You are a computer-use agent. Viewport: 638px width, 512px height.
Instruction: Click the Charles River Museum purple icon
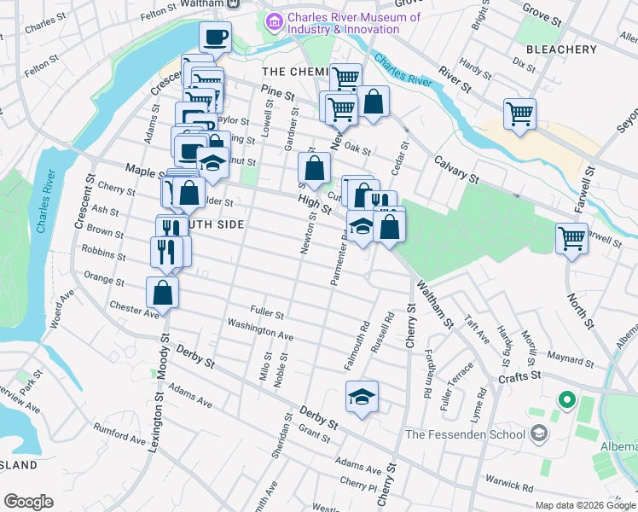tap(275, 22)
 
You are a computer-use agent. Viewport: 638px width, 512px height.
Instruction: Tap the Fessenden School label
tap(465, 434)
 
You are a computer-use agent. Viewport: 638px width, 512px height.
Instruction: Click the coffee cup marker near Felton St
tap(215, 37)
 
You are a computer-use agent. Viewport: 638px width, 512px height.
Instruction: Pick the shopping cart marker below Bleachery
tap(519, 113)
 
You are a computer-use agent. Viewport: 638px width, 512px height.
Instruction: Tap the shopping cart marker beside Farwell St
tap(571, 237)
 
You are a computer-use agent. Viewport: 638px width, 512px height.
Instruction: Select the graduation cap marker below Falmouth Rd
tap(362, 396)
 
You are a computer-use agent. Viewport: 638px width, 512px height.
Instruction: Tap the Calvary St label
tap(456, 168)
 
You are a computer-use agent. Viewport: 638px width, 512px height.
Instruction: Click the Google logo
tap(28, 502)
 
